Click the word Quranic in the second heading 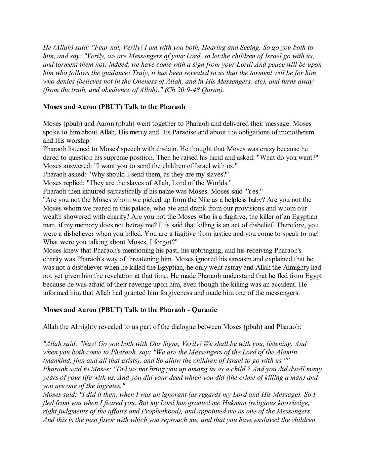204,310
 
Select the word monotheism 296,132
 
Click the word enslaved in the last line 264,420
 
